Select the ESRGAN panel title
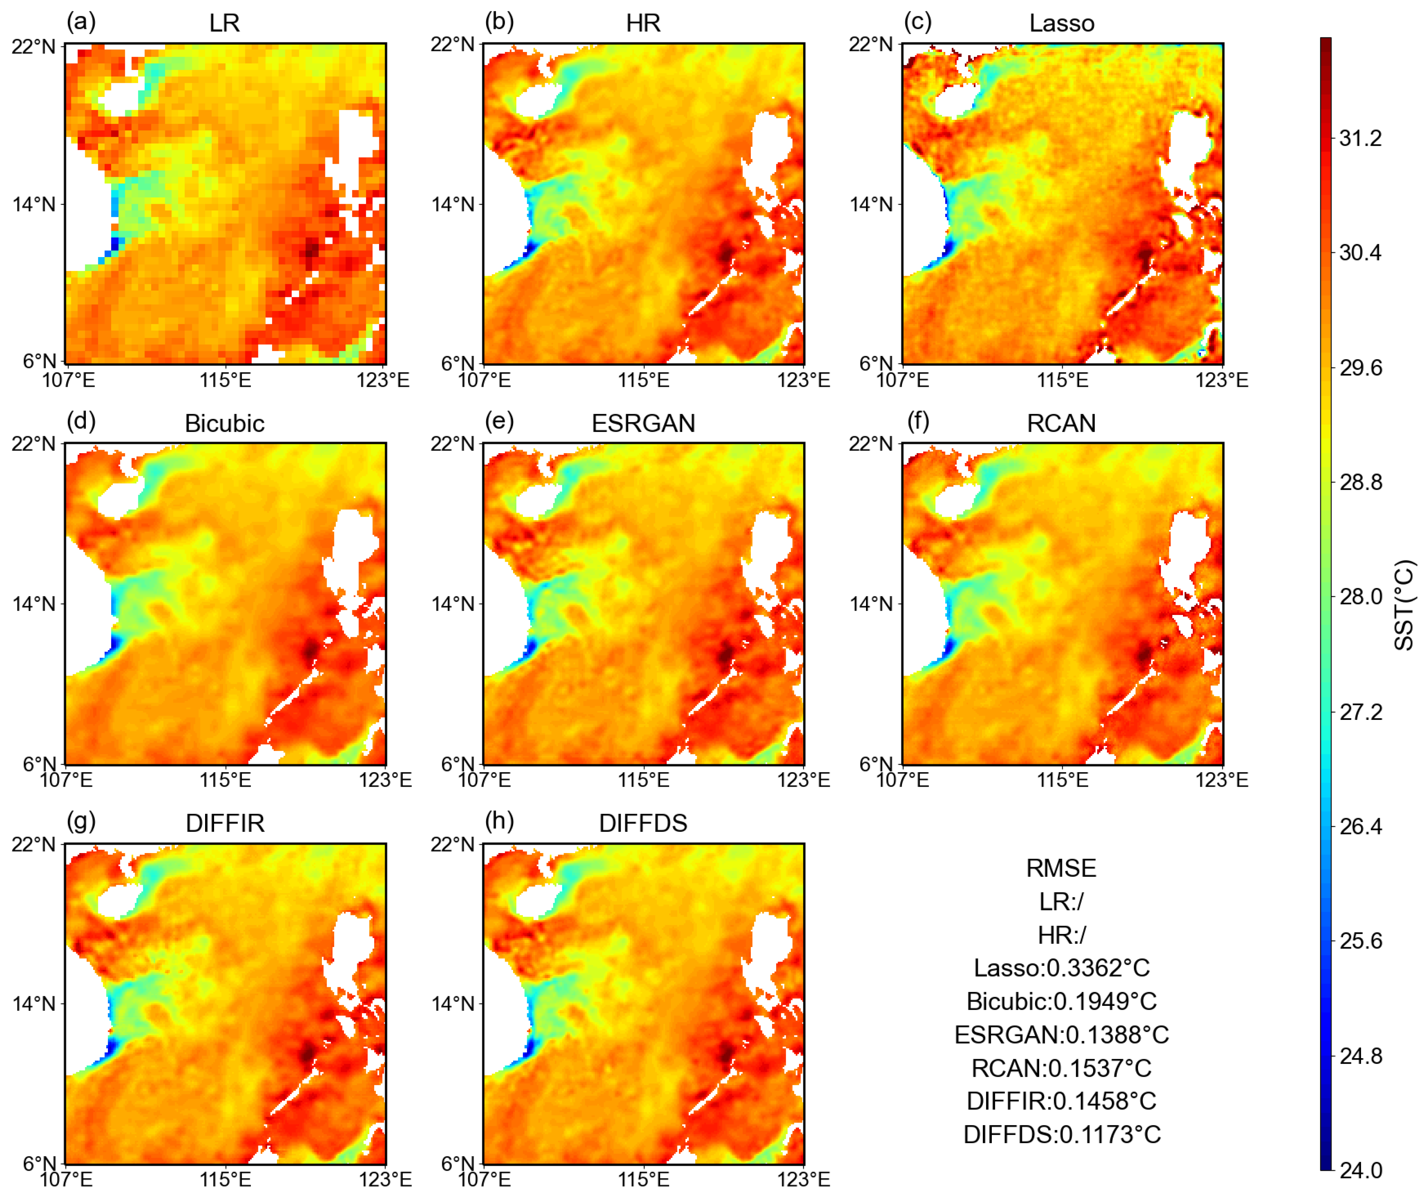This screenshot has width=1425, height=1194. coord(643,423)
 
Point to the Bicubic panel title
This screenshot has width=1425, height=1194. coord(225,423)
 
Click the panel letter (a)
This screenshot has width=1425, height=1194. coord(81,22)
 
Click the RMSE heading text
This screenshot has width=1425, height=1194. coord(1061,868)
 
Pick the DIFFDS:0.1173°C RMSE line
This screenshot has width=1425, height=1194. coord(1061,1134)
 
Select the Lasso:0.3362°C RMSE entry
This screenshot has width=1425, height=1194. coord(1061,968)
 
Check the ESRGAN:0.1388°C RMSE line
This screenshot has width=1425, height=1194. coord(1061,1035)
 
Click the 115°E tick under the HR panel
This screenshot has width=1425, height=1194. coord(643,380)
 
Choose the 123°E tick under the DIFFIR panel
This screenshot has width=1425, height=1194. coord(385,1180)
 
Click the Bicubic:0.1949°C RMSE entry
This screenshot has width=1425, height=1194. coord(1061,1001)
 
